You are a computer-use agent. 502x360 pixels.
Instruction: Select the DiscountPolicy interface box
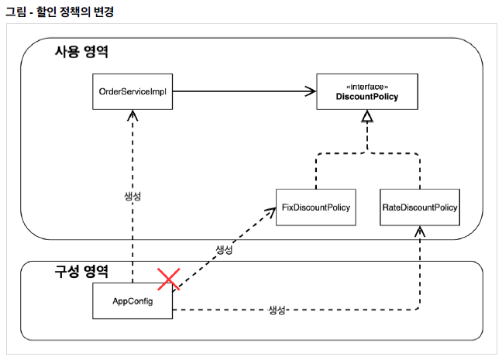pyautogui.click(x=367, y=92)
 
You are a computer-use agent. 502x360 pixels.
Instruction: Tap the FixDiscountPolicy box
pyautogui.click(x=316, y=207)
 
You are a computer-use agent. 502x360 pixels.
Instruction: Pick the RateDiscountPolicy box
pyautogui.click(x=420, y=207)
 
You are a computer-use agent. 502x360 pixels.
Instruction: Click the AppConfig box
pyautogui.click(x=132, y=300)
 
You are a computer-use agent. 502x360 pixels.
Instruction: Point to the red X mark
pyautogui.click(x=168, y=279)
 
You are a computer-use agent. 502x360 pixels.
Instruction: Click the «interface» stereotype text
pyautogui.click(x=367, y=87)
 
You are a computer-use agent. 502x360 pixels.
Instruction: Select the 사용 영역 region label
pyautogui.click(x=81, y=53)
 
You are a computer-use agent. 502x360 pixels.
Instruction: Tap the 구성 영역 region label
pyautogui.click(x=81, y=272)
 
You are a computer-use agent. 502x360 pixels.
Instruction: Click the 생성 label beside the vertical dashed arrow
pyautogui.click(x=133, y=196)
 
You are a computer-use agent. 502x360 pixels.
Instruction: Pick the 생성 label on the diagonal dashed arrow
pyautogui.click(x=222, y=250)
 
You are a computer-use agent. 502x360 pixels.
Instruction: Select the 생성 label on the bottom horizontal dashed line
pyautogui.click(x=277, y=310)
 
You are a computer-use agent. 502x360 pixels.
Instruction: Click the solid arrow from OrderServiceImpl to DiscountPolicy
pyautogui.click(x=240, y=92)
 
